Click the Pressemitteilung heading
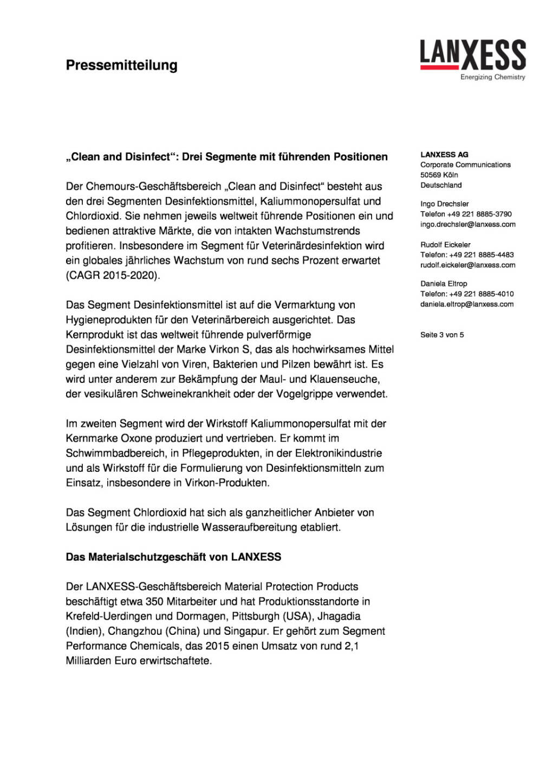point(121,66)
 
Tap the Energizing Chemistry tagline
point(492,77)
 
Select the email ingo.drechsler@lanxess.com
point(467,224)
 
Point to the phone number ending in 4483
point(467,255)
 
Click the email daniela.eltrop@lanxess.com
point(466,304)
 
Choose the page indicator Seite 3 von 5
point(442,335)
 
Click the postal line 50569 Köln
point(439,175)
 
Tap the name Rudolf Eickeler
point(445,245)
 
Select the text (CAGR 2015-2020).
point(113,275)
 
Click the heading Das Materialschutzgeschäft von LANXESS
point(173,557)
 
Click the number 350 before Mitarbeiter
point(154,602)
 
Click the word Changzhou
point(133,631)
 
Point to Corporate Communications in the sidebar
point(465,165)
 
